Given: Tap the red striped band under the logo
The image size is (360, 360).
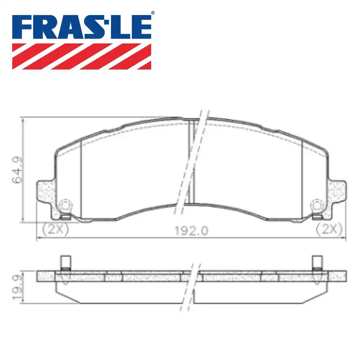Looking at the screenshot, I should tap(82, 56).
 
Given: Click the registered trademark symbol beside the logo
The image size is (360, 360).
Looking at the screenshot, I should tap(152, 13).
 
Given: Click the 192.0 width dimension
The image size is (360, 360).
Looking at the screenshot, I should tap(191, 230).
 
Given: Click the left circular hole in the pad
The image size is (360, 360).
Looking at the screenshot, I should tap(65, 206).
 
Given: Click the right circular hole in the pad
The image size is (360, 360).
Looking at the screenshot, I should tap(316, 206).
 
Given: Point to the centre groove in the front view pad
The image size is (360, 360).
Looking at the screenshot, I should tap(192, 162).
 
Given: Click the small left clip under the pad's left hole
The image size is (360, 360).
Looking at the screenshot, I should tap(65, 217).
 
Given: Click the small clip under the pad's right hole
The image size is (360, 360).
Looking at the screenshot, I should tap(316, 217).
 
